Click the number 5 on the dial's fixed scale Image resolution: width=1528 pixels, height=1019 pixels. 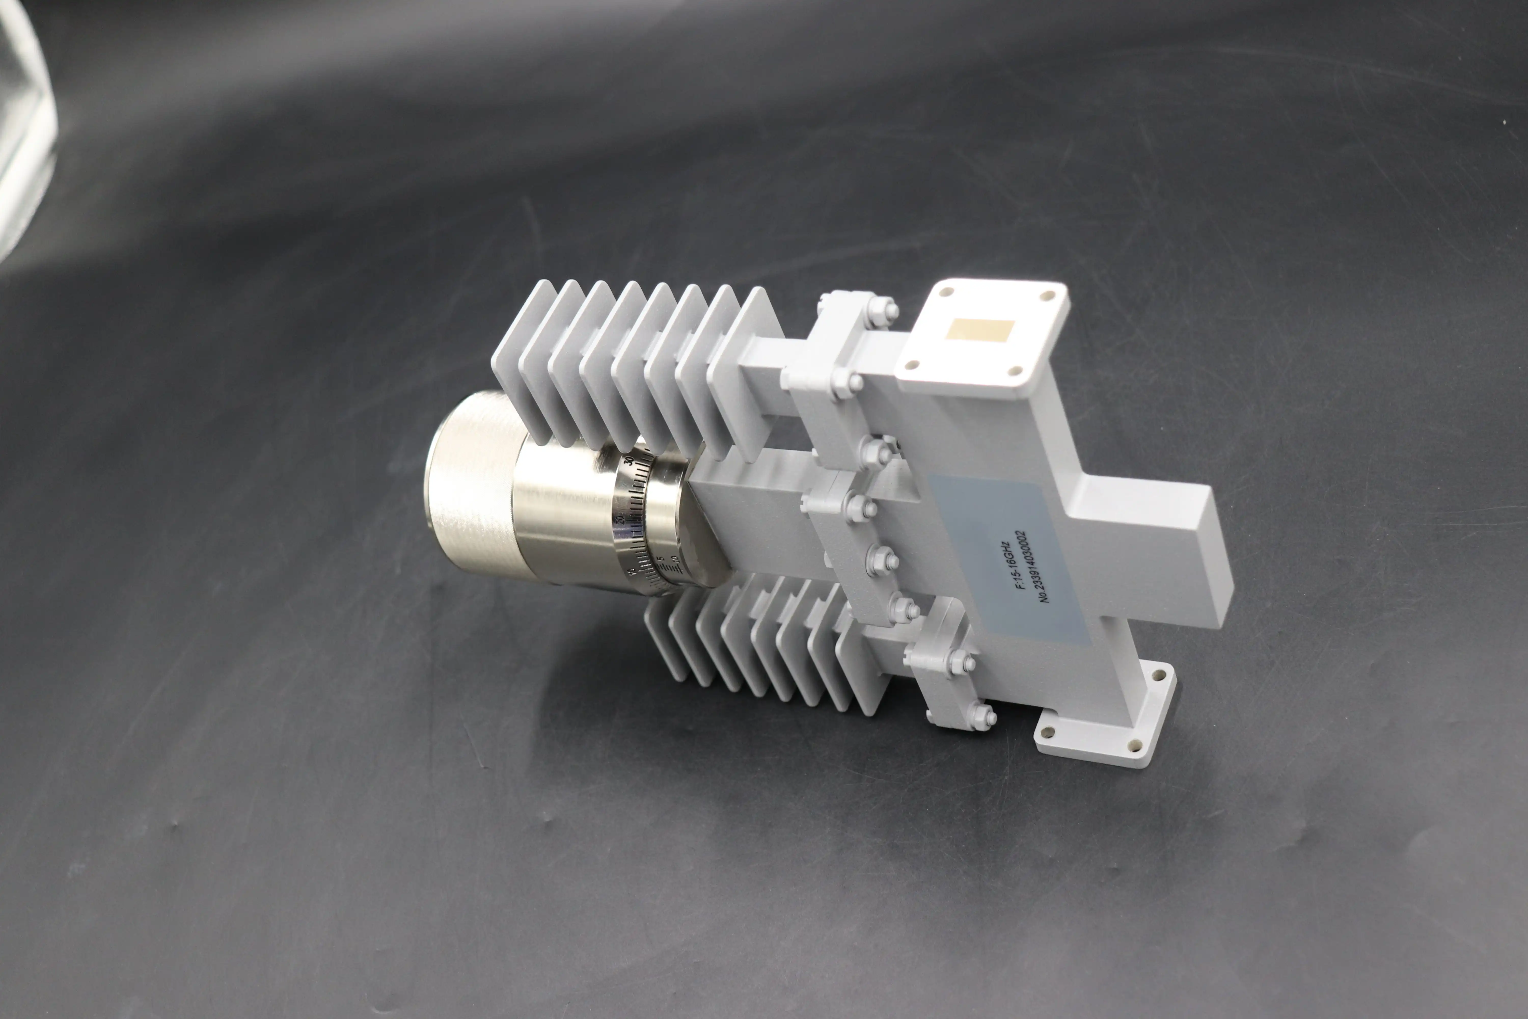tap(661, 559)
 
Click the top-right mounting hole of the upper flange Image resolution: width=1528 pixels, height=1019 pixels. tap(1047, 296)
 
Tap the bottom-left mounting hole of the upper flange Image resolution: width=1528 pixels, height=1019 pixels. tap(911, 365)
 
